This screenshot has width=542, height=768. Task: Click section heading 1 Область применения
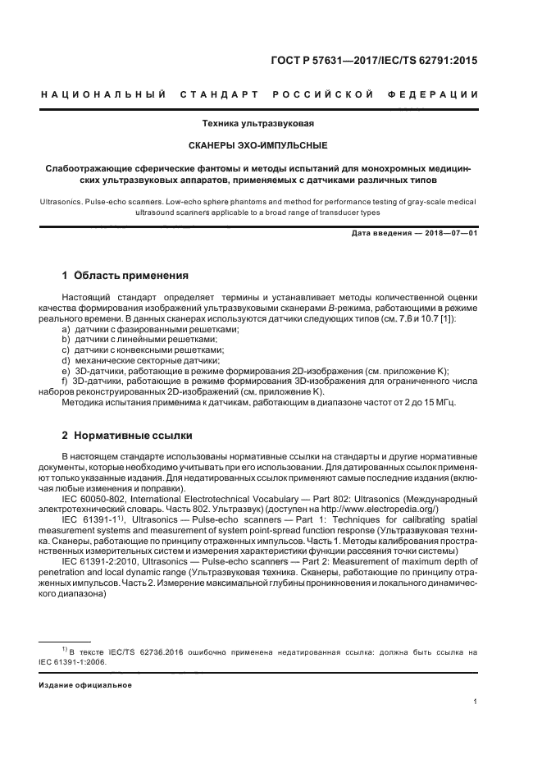point(125,276)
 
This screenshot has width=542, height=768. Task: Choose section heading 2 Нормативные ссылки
point(127,435)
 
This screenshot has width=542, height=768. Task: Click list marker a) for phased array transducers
point(66,328)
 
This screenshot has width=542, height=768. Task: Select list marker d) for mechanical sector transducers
point(66,360)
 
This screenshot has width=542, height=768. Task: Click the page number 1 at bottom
point(476,701)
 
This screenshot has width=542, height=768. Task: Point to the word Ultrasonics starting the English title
point(61,200)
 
